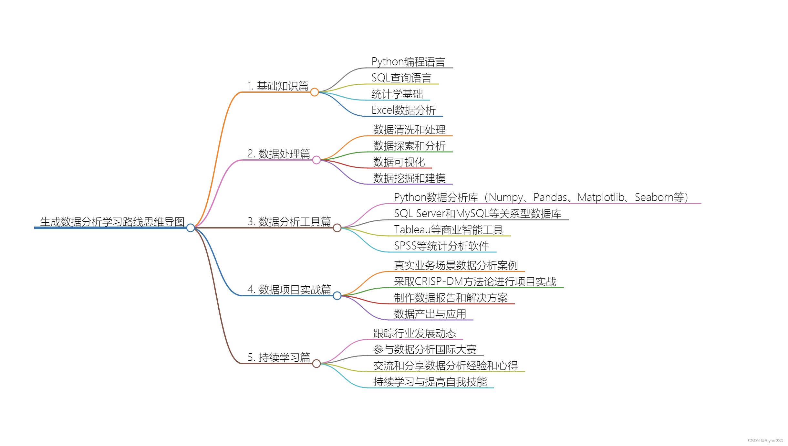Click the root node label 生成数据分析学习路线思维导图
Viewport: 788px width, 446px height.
[112, 222]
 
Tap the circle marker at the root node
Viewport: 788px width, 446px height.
[191, 228]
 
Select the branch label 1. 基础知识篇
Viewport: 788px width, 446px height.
[278, 86]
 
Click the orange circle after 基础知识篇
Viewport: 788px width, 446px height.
[315, 92]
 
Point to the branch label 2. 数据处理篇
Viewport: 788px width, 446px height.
[279, 154]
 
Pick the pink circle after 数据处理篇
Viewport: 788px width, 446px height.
[316, 160]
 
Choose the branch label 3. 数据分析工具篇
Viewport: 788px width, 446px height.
[289, 222]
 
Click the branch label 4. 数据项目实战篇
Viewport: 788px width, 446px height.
[289, 290]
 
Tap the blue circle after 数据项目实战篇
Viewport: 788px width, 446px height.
[337, 296]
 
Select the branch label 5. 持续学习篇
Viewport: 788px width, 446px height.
[279, 357]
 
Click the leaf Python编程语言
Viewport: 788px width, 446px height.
[408, 62]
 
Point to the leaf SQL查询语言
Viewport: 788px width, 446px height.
[401, 78]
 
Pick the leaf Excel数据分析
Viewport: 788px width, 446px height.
[404, 110]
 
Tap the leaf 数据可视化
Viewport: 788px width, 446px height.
[399, 162]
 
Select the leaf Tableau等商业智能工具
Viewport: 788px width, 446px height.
[449, 230]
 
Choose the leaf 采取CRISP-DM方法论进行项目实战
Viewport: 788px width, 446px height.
[475, 281]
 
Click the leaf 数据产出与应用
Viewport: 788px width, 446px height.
[430, 314]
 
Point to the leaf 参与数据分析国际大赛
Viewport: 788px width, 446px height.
[425, 349]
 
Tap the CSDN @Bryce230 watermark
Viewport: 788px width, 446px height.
[765, 441]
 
